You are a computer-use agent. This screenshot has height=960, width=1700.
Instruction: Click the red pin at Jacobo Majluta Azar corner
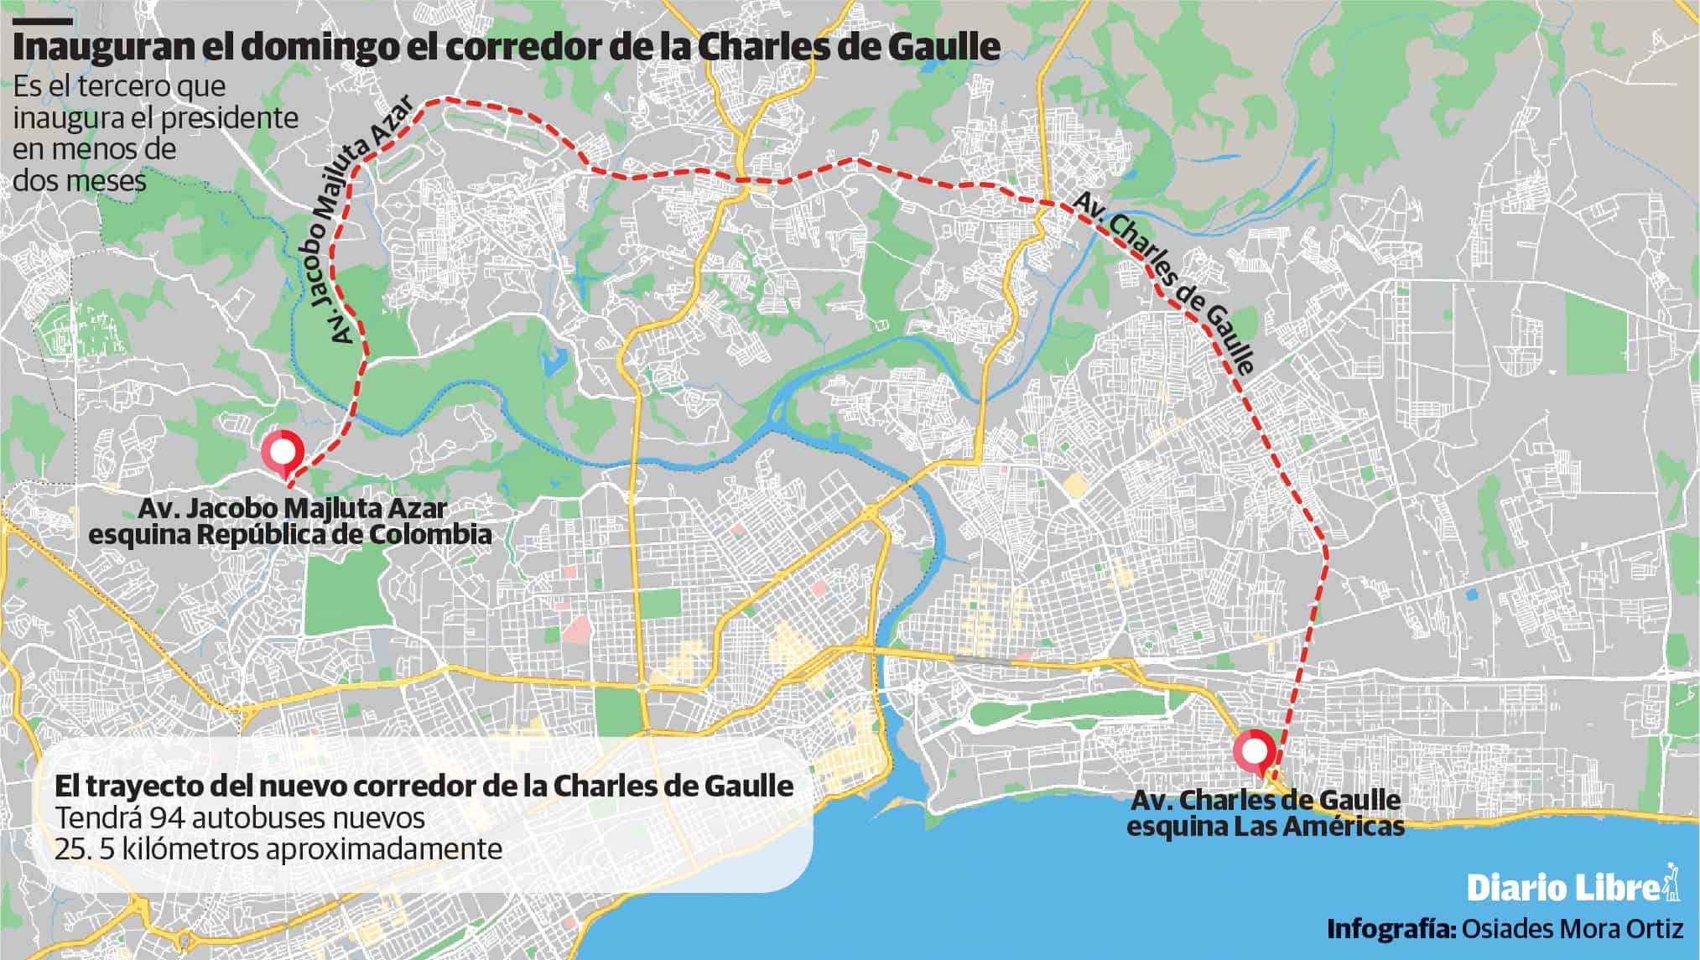tap(281, 451)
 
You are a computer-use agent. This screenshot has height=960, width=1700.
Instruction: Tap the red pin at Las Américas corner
tap(1254, 751)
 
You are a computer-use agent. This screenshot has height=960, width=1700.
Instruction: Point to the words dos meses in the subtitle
tap(80, 180)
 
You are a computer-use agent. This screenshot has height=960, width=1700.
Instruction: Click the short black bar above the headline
tap(43, 20)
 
